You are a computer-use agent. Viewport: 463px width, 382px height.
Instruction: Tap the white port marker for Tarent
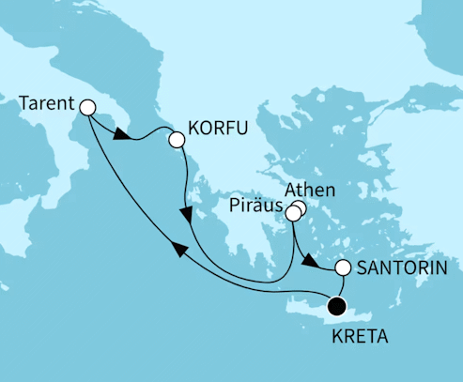tap(88, 108)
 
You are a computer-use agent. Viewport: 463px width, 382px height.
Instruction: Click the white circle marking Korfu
tap(176, 140)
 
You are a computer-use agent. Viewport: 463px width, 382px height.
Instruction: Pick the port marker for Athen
tap(299, 209)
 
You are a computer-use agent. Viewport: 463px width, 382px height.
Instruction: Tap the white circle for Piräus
tap(292, 215)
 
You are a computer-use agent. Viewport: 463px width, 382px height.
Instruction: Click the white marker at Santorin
tap(344, 268)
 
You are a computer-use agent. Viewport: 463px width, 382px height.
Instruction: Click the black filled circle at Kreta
tap(335, 304)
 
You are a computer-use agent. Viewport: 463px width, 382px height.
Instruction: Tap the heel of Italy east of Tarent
tap(127, 116)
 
